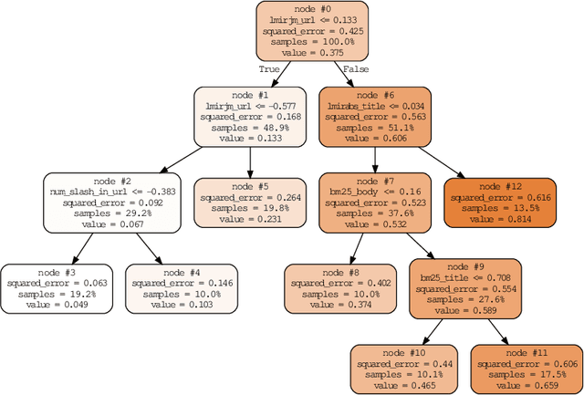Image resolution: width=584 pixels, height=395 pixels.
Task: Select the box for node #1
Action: [250, 118]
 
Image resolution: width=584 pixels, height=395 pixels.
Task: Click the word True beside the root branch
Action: [268, 68]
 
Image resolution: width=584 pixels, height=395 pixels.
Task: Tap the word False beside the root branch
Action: [356, 68]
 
